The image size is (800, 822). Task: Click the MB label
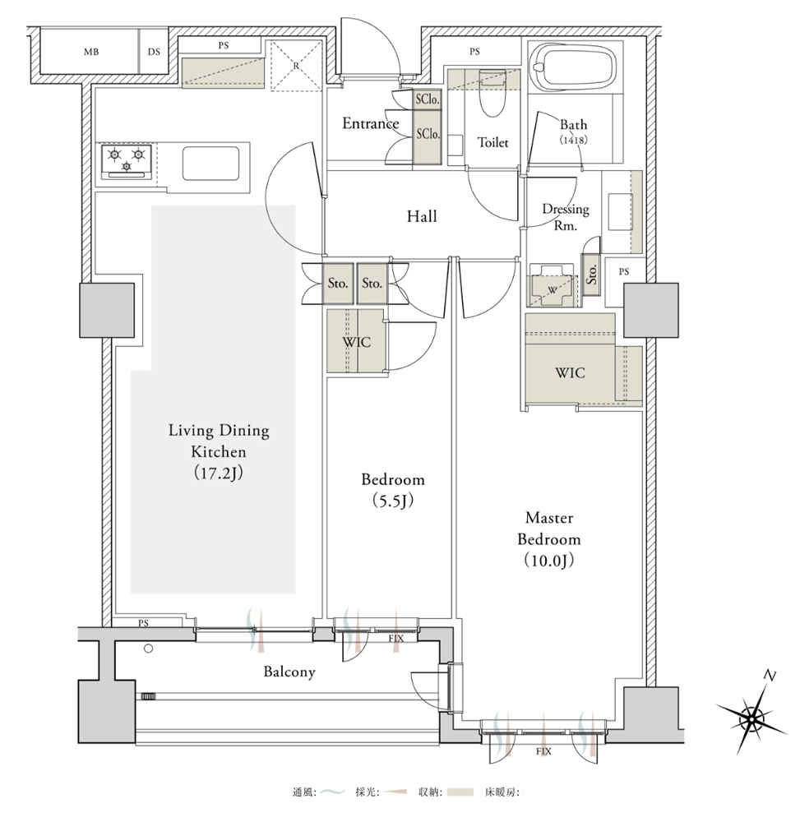tap(91, 52)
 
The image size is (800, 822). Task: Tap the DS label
tap(154, 52)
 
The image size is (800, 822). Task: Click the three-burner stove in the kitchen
tap(127, 160)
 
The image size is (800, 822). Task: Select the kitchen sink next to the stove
tap(210, 164)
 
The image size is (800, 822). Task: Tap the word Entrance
tap(371, 123)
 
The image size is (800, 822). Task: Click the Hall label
tap(422, 216)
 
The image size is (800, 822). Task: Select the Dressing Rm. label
tap(566, 217)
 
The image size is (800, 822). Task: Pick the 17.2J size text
tap(219, 473)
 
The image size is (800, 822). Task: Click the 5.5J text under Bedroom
tap(393, 501)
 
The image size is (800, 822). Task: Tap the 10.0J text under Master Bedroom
tap(549, 561)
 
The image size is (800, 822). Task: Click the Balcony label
tap(289, 672)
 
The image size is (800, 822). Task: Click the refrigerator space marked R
tap(296, 66)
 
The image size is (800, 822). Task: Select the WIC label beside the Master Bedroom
tap(570, 372)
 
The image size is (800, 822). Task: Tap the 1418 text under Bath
tap(574, 140)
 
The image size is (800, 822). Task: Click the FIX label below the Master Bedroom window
tap(543, 751)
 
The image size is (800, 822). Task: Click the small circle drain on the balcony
tap(148, 649)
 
